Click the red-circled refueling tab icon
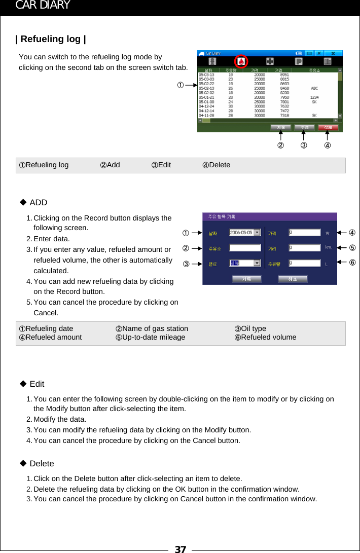[x=242, y=61]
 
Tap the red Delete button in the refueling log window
[x=328, y=127]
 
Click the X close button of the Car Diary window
[x=333, y=53]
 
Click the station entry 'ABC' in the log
[x=314, y=88]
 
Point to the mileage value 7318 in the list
[x=284, y=115]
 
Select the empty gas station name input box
[x=245, y=248]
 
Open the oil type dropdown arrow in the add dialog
[x=258, y=263]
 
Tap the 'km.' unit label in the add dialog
[x=328, y=248]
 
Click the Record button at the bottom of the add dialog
[x=246, y=279]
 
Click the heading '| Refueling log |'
[x=51, y=39]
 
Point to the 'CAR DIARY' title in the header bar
[x=43, y=6]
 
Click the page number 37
[x=180, y=548]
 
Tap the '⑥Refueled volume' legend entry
[x=265, y=337]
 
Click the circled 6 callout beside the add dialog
[x=352, y=262]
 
